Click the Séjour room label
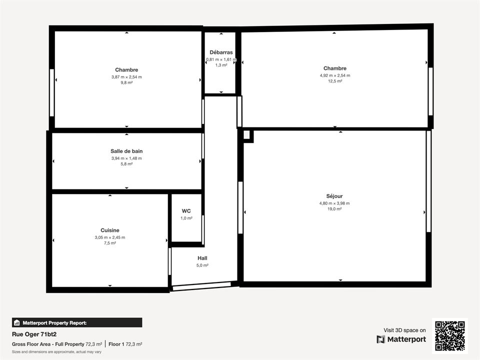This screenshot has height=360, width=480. coord(334,196)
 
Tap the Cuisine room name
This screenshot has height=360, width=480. coord(110,230)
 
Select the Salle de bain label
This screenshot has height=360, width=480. coord(126,151)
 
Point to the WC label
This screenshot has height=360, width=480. coord(186,211)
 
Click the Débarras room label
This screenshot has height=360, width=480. coord(221,52)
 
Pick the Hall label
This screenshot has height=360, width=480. coord(202,258)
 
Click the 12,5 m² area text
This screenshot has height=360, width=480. coord(335,81)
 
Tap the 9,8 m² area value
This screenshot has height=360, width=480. coord(126,82)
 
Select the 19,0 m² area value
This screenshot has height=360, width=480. coord(334,209)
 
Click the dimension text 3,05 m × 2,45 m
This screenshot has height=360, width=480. coord(110,237)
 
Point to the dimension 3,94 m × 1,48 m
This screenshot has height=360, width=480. coord(126,158)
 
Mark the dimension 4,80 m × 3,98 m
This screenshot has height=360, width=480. coord(334,203)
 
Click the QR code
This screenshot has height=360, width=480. coord(450,335)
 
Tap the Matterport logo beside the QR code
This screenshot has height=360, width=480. coord(381,339)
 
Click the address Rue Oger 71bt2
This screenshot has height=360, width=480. coord(34,334)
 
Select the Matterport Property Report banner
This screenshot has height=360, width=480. coord(77,322)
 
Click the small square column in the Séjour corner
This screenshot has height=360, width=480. coord(248,136)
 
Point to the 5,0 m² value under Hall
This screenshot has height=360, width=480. coord(202,265)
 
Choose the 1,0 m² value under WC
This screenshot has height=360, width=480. coord(186,218)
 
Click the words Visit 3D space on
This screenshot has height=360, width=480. coord(404,330)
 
